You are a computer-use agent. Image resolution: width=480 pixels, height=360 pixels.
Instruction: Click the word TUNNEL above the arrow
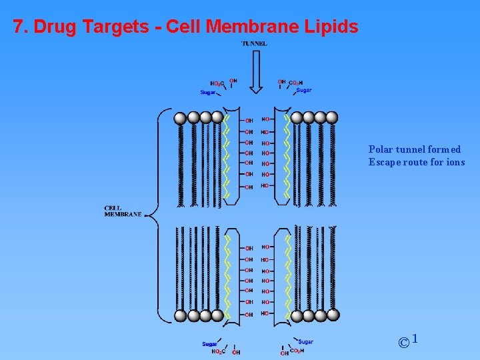(254, 43)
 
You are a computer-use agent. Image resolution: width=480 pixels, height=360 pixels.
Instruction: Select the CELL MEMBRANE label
(123, 211)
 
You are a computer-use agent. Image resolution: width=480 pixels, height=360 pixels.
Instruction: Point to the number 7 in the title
(18, 27)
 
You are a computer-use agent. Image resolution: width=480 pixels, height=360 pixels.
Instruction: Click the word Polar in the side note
(381, 150)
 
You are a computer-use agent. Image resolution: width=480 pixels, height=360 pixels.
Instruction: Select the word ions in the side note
(455, 162)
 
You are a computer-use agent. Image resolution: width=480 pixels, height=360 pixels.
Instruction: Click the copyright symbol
(403, 343)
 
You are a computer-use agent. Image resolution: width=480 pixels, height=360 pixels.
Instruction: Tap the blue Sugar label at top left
(208, 93)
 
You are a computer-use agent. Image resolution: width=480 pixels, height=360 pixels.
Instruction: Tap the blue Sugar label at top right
(304, 90)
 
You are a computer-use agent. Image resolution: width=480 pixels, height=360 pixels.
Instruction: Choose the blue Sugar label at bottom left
(210, 344)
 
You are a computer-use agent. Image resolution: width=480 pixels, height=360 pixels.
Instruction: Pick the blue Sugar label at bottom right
(306, 342)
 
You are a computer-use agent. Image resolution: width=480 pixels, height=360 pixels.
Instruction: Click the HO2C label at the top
(217, 84)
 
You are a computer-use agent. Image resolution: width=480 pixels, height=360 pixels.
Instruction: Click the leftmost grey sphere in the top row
(180, 118)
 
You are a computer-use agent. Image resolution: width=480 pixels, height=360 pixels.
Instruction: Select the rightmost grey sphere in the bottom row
(333, 315)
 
